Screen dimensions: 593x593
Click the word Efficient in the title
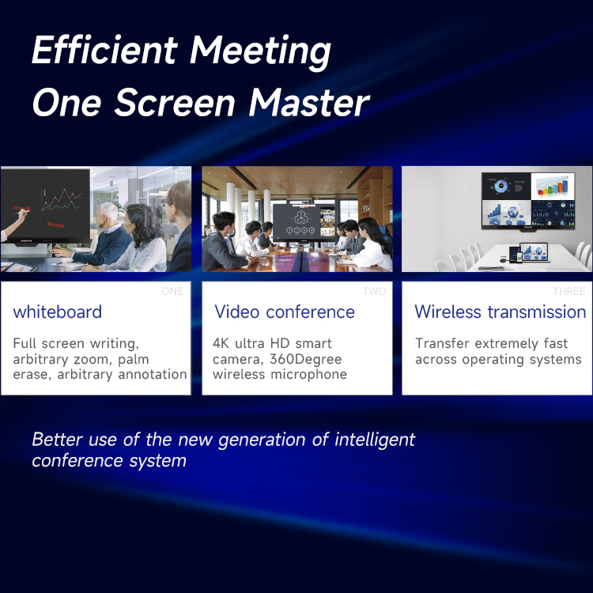coord(104,50)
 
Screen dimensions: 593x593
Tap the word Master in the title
coord(308,103)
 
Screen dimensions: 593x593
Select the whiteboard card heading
coord(58,312)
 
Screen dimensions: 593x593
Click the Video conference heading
coord(285,312)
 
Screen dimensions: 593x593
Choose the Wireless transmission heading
coord(500,312)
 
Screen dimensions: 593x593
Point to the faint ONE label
coord(172,291)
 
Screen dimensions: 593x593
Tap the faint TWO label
coord(375,291)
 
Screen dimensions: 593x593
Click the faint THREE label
coord(568,291)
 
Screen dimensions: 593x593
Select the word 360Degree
coord(305,359)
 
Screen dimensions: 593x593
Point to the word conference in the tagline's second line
coord(77,461)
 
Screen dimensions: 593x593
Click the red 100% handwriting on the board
coord(21,208)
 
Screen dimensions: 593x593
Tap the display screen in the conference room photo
coord(299,222)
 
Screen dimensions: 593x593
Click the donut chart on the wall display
coord(501,186)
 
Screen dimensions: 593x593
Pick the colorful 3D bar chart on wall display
coord(553,187)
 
